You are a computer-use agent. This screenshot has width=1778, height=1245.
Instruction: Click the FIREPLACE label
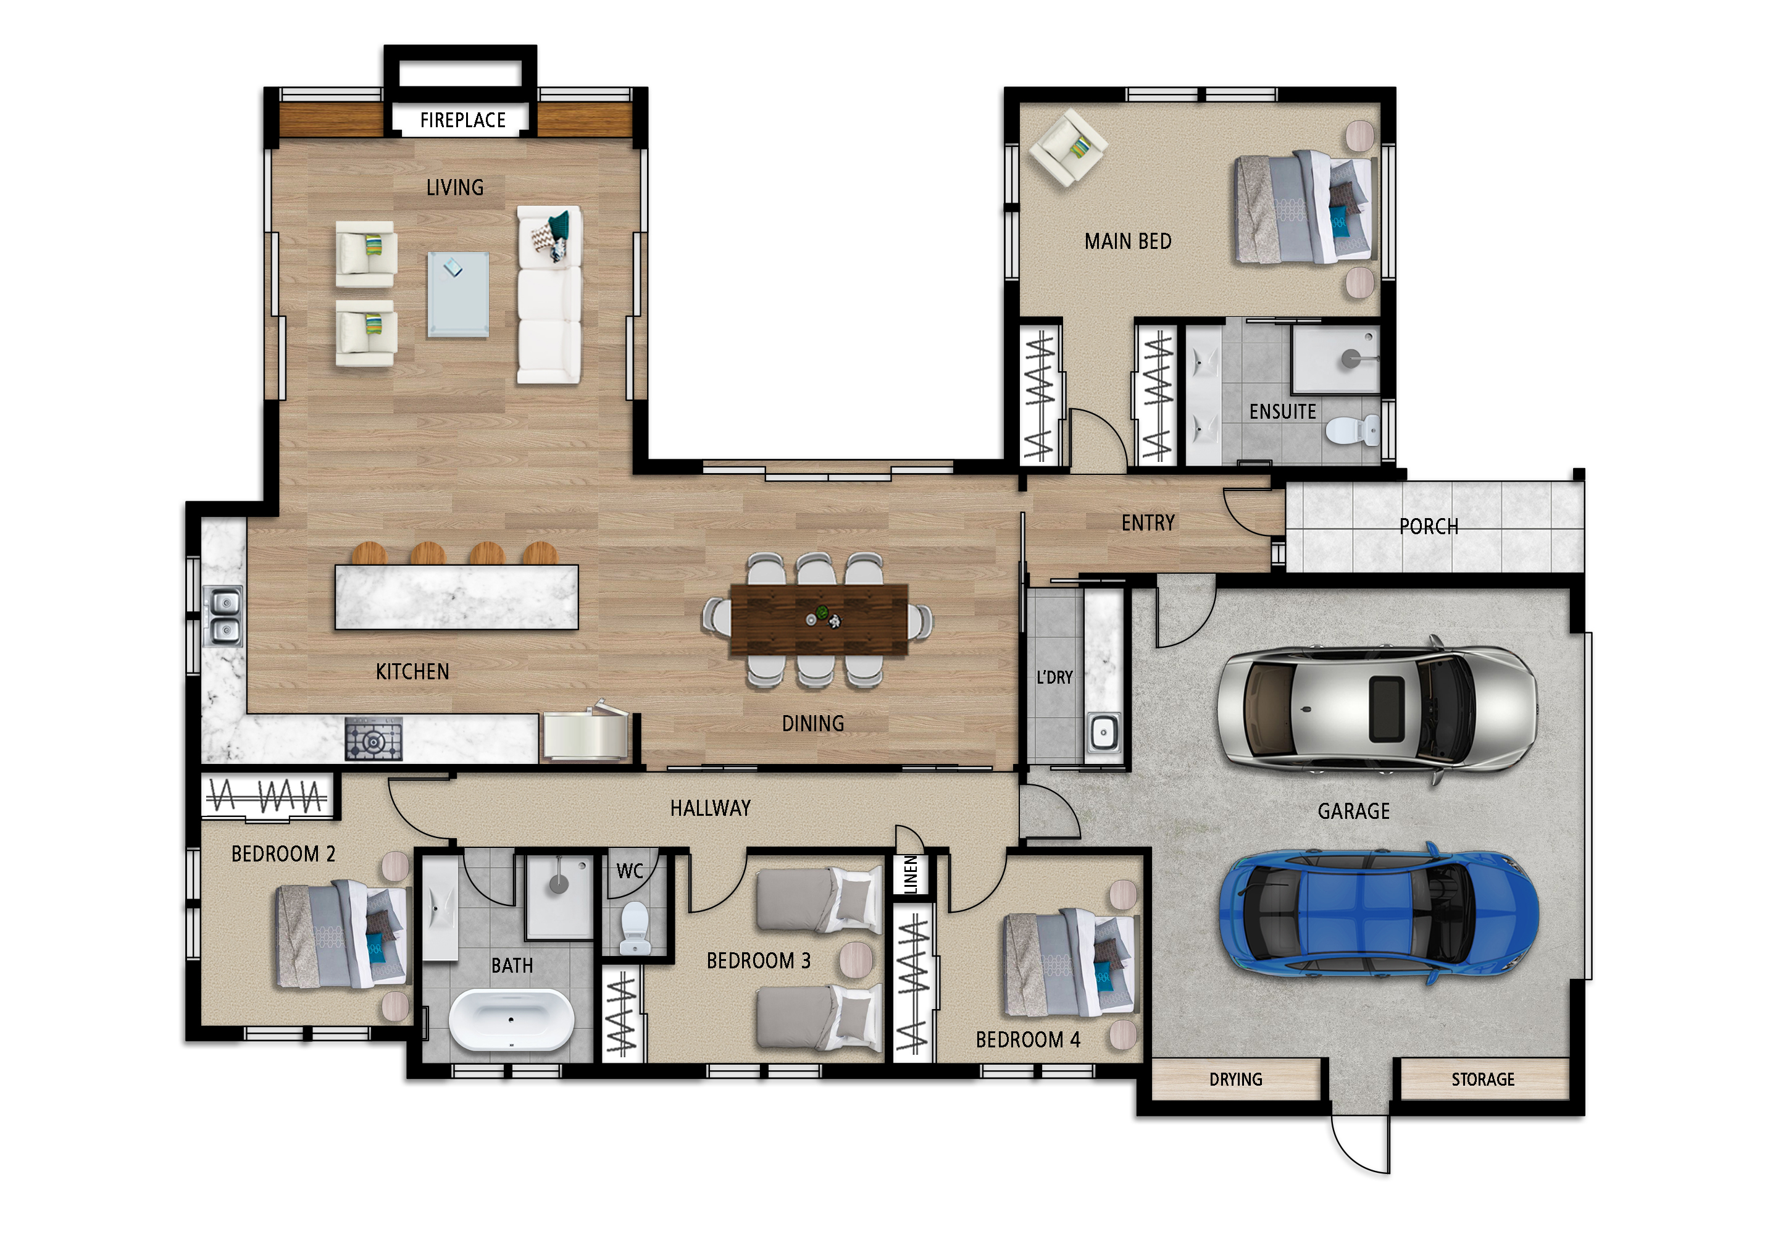[x=462, y=120]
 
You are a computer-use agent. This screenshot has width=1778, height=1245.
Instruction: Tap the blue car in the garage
[x=1379, y=913]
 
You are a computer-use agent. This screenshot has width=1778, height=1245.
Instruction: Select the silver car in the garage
[x=1377, y=708]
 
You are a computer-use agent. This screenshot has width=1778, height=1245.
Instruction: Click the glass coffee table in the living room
[x=457, y=295]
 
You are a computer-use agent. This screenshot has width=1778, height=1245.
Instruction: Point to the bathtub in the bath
[x=511, y=1020]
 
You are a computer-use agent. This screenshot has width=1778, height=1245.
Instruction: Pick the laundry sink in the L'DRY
[x=1103, y=732]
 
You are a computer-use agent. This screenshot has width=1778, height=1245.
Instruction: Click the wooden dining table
[x=819, y=620]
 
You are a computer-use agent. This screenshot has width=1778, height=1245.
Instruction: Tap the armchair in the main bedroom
[x=1068, y=147]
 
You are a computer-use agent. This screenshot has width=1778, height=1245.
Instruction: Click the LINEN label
[x=911, y=874]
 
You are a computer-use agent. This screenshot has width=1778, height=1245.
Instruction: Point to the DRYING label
[x=1236, y=1079]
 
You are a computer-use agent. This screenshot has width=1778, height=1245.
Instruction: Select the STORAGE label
[x=1483, y=1079]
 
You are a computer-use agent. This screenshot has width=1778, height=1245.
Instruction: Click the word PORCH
[x=1429, y=527]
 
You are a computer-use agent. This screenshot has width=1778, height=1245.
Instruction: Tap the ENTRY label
[x=1148, y=523]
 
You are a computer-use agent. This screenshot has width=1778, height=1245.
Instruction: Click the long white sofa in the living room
[x=549, y=295]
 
